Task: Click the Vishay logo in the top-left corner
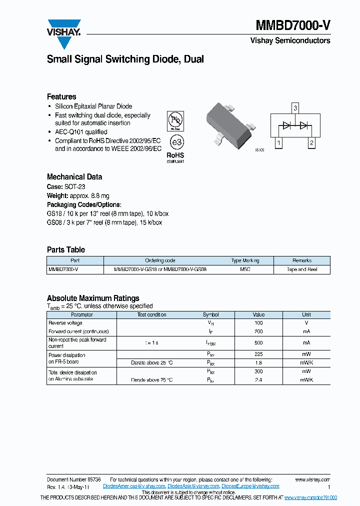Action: click(x=63, y=33)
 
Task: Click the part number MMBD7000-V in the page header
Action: click(x=293, y=26)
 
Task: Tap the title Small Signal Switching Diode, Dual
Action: click(x=125, y=59)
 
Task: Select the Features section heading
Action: click(x=61, y=96)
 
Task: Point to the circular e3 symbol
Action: click(x=175, y=142)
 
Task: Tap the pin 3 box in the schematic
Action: click(x=295, y=108)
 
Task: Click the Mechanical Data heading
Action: click(x=74, y=176)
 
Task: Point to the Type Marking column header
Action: click(x=245, y=260)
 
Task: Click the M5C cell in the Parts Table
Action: click(x=245, y=269)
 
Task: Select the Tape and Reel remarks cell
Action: click(x=302, y=269)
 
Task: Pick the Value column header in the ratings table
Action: click(x=258, y=314)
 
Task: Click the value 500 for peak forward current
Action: click(x=258, y=342)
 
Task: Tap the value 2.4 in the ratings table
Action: click(x=258, y=380)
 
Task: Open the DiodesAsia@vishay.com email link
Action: click(x=193, y=486)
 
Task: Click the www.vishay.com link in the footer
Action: click(x=312, y=479)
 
